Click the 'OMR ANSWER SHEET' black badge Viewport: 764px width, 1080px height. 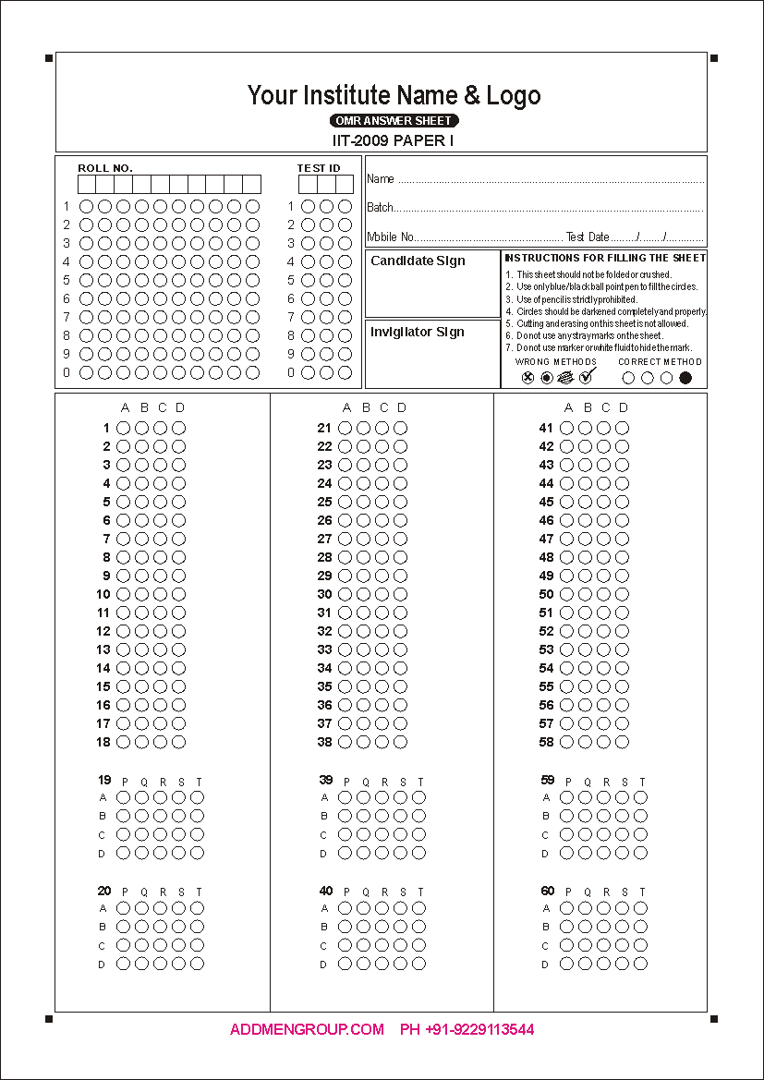tap(394, 121)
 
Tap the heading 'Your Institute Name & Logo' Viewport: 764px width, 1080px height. tap(394, 95)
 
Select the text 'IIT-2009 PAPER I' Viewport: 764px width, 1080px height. tap(394, 140)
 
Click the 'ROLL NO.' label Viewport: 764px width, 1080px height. tap(105, 168)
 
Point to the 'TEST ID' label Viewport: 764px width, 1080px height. tap(319, 168)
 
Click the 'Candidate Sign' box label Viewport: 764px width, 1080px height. tap(418, 261)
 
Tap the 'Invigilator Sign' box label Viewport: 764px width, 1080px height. tap(418, 333)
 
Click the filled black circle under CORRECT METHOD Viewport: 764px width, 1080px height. tap(685, 377)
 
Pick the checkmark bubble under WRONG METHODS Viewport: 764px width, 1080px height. tap(586, 376)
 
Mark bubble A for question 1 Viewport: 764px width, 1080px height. tap(123, 428)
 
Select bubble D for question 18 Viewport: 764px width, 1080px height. tap(178, 742)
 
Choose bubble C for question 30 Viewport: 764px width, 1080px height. tap(382, 594)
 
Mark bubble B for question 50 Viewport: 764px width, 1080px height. tap(585, 594)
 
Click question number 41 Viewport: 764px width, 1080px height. tap(546, 428)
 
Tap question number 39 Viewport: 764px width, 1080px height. tap(325, 781)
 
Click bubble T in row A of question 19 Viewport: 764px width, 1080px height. tap(197, 797)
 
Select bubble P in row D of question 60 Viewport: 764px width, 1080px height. tap(566, 964)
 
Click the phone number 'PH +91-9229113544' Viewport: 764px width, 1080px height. tap(467, 1029)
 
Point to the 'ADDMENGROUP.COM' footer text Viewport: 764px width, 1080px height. tap(307, 1029)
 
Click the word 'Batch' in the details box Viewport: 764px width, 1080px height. tap(380, 208)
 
